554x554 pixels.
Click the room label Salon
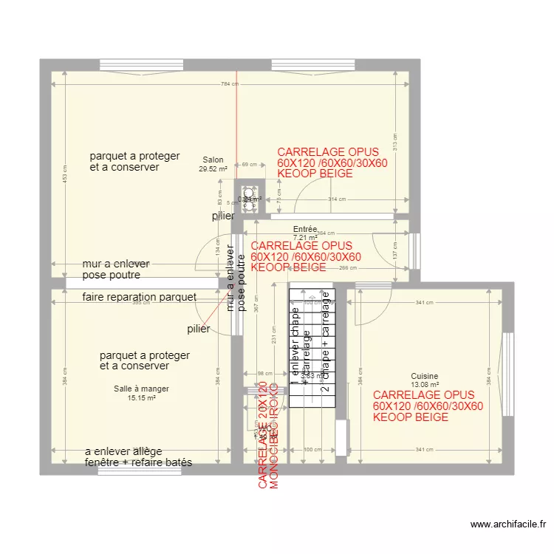[x=213, y=160]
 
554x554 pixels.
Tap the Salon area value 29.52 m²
[x=213, y=168]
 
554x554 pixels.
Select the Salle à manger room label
[x=141, y=389]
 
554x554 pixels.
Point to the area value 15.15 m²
[x=141, y=397]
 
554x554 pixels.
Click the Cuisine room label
[x=425, y=376]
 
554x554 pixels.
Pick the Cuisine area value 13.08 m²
[x=425, y=385]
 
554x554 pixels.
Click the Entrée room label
[x=304, y=230]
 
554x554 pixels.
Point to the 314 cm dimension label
[x=338, y=199]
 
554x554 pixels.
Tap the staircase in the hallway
[x=311, y=347]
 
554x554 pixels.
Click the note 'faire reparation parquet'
[x=140, y=297]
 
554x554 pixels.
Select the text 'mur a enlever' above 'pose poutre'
[x=116, y=264]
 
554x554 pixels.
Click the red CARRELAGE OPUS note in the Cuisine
[x=428, y=406]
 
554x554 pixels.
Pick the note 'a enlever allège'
[x=123, y=451]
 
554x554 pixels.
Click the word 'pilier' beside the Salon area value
[x=223, y=216]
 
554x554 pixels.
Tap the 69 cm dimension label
[x=249, y=165]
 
